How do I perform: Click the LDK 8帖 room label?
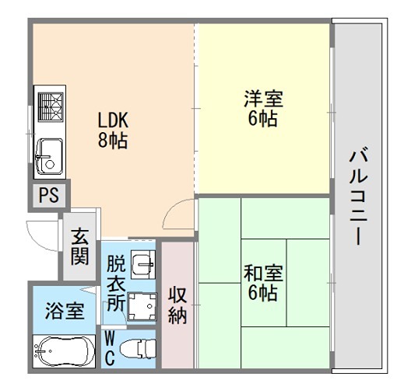click(112, 131)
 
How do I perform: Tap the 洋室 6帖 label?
click(263, 110)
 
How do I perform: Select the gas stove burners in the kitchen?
click(51, 107)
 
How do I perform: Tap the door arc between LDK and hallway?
click(181, 214)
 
